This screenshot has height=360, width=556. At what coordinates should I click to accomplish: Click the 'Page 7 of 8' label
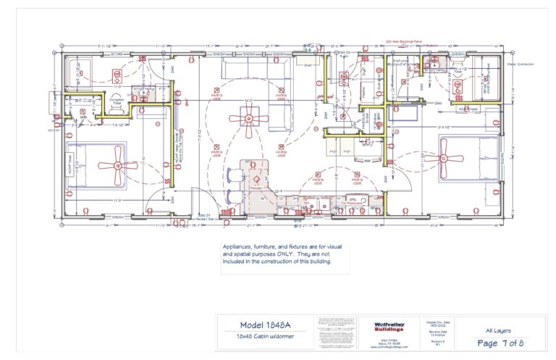coord(497,343)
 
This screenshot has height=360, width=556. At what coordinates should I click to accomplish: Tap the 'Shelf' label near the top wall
coord(307,64)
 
